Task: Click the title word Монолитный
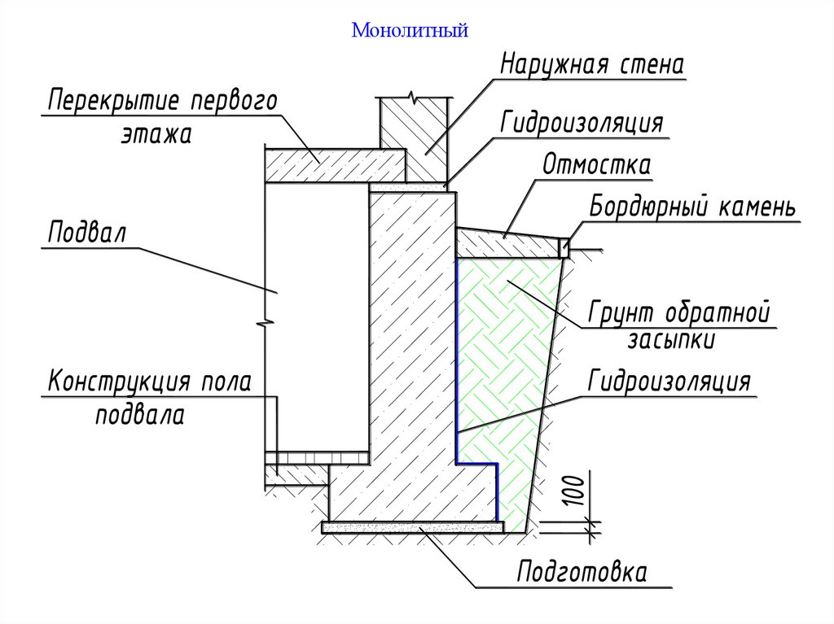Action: [410, 32]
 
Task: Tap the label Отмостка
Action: [597, 165]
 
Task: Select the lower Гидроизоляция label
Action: [669, 382]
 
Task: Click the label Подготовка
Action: [582, 572]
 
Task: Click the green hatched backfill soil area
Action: [505, 366]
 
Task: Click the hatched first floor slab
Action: [334, 165]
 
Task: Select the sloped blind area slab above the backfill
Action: [505, 242]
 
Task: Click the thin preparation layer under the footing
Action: [411, 527]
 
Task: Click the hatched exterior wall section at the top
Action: [415, 138]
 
